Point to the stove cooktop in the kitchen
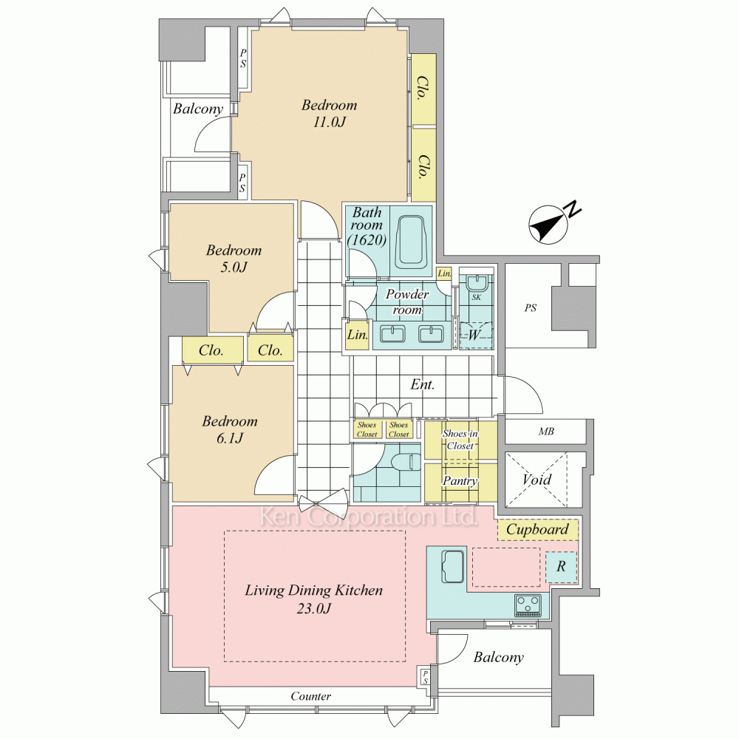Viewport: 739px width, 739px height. click(x=528, y=605)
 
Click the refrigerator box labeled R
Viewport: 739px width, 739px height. click(x=561, y=567)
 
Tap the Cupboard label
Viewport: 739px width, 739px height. click(x=537, y=529)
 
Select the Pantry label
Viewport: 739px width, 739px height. click(x=459, y=481)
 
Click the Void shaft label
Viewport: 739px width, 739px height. click(x=537, y=480)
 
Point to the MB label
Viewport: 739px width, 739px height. click(x=546, y=432)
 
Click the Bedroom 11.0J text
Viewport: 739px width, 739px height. click(x=329, y=114)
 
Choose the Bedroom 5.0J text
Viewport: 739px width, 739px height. click(x=233, y=259)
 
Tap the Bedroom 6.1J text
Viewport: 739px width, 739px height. click(x=230, y=429)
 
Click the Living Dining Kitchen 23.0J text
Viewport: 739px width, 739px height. click(x=314, y=599)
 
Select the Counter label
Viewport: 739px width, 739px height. click(x=310, y=696)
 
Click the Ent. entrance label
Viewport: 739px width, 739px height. click(x=422, y=385)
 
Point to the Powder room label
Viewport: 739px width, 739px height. click(x=407, y=302)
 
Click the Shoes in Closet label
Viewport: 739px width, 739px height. click(x=459, y=440)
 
